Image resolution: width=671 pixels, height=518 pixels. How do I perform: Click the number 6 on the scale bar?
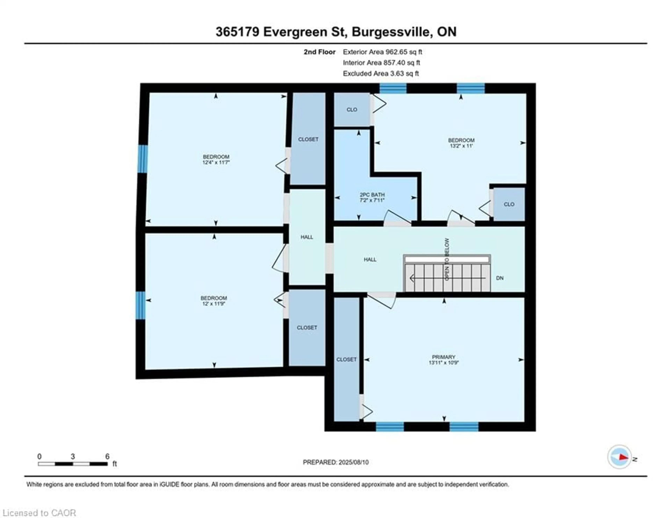pos(107,456)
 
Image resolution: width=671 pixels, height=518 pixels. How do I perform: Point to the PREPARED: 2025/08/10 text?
pos(335,462)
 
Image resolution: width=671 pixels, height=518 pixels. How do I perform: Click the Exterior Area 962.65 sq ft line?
pos(382,52)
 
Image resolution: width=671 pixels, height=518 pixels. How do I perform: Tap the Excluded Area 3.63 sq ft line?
pos(381,73)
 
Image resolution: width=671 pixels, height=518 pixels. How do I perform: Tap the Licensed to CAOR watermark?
pos(39,513)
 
